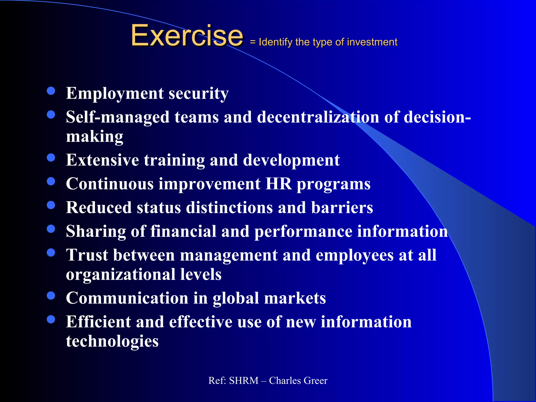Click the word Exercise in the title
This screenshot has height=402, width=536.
[x=187, y=36]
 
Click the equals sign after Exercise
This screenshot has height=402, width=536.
[x=253, y=42]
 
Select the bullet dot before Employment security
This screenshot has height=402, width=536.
[x=51, y=91]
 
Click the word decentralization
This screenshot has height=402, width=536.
[x=318, y=117]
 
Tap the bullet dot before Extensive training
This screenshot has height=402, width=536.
[x=51, y=158]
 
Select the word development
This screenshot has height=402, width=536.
[x=291, y=160]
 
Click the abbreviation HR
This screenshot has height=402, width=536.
[x=278, y=184]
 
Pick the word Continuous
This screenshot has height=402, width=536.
[x=110, y=184]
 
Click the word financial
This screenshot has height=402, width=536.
[x=183, y=231]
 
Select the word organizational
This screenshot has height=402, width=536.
[x=121, y=275]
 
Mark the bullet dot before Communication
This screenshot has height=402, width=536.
[x=51, y=295]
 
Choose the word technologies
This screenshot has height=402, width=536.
[x=112, y=341]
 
